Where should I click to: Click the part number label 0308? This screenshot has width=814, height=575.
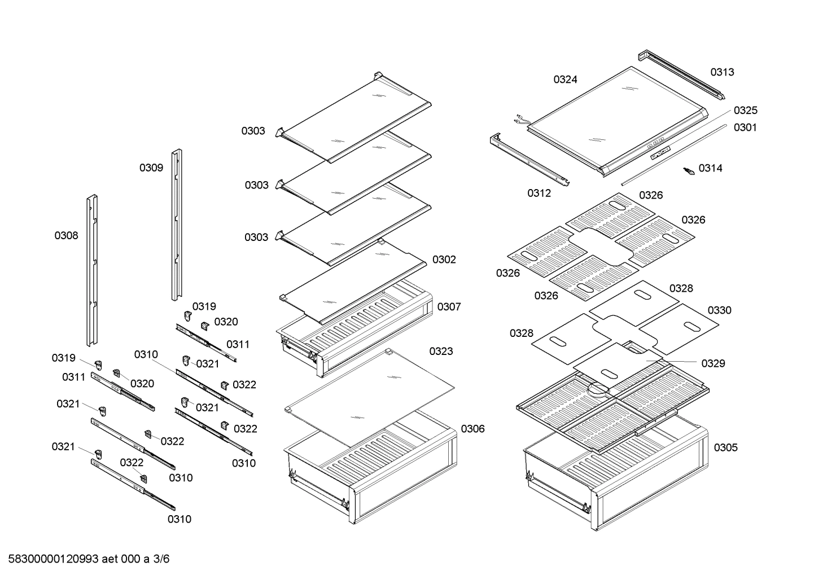pyautogui.click(x=66, y=236)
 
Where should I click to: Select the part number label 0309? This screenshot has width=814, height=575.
pyautogui.click(x=151, y=168)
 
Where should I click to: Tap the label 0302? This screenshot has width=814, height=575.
pyautogui.click(x=444, y=260)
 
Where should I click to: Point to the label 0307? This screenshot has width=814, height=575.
pyautogui.click(x=449, y=306)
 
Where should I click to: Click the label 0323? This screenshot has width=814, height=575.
pyautogui.click(x=441, y=352)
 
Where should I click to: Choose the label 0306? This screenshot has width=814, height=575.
pyautogui.click(x=472, y=429)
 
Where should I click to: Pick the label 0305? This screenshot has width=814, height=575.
pyautogui.click(x=725, y=447)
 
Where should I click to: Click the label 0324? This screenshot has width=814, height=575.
pyautogui.click(x=565, y=80)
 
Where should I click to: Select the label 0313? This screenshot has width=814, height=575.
pyautogui.click(x=722, y=72)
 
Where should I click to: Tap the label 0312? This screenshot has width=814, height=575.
pyautogui.click(x=539, y=194)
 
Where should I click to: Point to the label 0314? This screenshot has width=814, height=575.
pyautogui.click(x=710, y=168)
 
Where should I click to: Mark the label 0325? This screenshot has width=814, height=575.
pyautogui.click(x=745, y=111)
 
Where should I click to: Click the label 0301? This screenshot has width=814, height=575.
pyautogui.click(x=745, y=128)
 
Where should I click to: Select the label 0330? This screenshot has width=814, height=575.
pyautogui.click(x=719, y=310)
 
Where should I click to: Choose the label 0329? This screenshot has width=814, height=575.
pyautogui.click(x=713, y=363)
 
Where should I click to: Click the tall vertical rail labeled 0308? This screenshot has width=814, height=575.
pyautogui.click(x=91, y=271)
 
